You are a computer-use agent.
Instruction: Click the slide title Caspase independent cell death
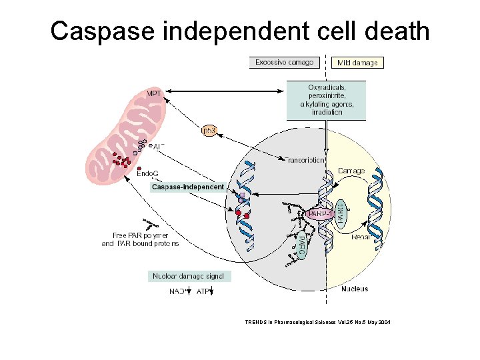tap(240, 31)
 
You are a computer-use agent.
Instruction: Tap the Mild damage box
tap(357, 63)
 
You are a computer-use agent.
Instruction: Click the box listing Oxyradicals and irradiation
tap(326, 100)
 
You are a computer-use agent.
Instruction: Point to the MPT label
tap(153, 93)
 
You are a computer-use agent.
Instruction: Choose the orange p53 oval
tap(209, 131)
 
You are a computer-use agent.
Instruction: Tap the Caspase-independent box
tap(187, 187)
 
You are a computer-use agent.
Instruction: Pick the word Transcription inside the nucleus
tap(305, 160)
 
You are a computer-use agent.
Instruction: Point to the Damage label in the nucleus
tap(351, 171)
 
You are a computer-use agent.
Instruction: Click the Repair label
tap(361, 237)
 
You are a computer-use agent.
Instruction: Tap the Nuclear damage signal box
tap(189, 276)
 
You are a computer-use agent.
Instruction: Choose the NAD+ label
tap(177, 291)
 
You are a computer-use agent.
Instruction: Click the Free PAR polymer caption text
tap(140, 239)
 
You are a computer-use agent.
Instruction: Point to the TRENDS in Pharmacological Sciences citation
tap(317, 322)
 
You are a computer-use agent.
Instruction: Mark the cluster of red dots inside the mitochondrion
tap(121, 161)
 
